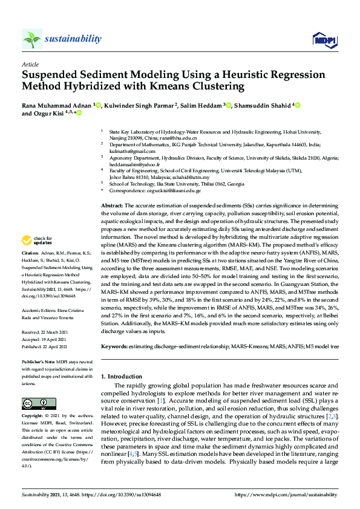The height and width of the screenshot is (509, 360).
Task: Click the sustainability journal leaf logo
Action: tap(31, 39)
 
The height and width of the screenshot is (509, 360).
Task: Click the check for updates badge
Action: tap(38, 241)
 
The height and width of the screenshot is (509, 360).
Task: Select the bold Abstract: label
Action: tap(112, 206)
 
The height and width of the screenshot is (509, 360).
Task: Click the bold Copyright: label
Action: tap(34, 417)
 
